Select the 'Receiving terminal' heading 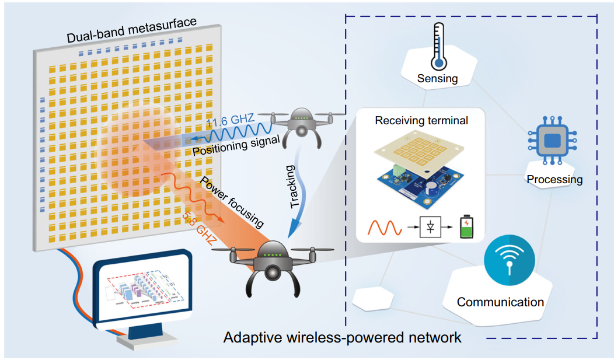421,121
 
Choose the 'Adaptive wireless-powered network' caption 343,337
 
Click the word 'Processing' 554,179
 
